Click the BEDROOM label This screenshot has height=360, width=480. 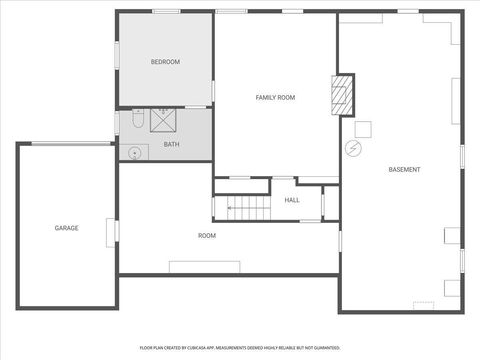[x=165, y=62]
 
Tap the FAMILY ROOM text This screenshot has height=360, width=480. [x=275, y=97]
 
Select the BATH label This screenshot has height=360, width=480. [x=172, y=145]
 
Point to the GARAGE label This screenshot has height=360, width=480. [x=66, y=228]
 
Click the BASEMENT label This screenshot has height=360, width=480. [x=404, y=169]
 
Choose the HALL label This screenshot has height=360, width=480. [x=292, y=200]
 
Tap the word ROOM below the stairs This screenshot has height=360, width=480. [x=207, y=235]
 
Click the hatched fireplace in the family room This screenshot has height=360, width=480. [x=342, y=95]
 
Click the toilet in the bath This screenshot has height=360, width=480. [x=138, y=122]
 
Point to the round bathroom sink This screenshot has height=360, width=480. [x=133, y=153]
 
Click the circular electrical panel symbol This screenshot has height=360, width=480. [x=353, y=148]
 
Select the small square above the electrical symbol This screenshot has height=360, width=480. [x=363, y=128]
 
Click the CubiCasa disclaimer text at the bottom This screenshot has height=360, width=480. [x=239, y=347]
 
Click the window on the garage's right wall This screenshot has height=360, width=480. [x=116, y=230]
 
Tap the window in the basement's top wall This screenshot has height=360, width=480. [x=407, y=11]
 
